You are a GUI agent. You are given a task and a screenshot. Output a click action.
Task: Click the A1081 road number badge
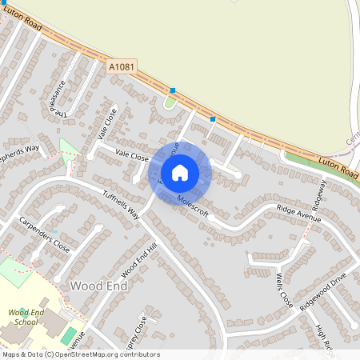(120, 70)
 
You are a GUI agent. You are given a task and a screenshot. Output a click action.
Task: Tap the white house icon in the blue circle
(180, 172)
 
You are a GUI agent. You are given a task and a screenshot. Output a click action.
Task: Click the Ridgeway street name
(320, 194)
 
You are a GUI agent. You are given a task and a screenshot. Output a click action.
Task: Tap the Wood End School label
(22, 317)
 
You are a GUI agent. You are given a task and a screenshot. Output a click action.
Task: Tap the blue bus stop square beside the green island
(173, 90)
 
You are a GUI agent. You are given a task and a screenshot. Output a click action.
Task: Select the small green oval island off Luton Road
(169, 102)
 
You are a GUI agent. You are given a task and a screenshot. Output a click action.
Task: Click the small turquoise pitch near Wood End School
(69, 335)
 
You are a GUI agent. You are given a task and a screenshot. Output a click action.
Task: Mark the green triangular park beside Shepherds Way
(70, 150)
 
